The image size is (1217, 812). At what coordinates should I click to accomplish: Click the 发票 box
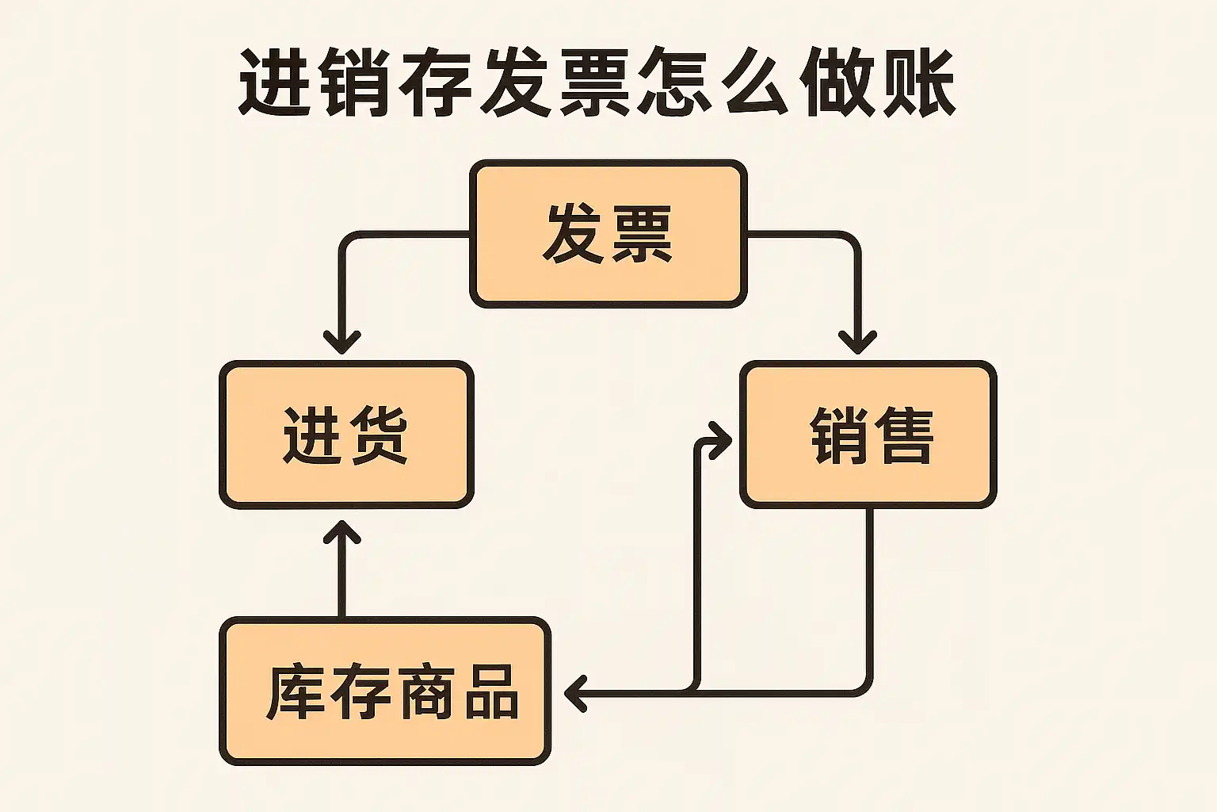608,234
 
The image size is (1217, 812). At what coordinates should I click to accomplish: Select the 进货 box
346,435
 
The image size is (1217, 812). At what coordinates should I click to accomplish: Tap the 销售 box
868,435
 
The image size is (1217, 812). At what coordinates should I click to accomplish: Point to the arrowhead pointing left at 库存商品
575,693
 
